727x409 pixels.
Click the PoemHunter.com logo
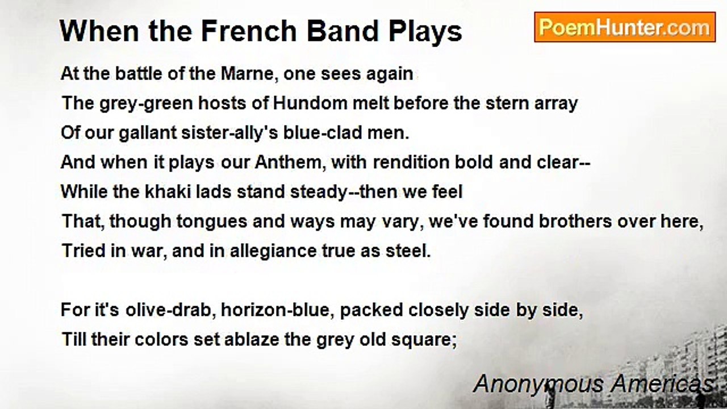coord(625,27)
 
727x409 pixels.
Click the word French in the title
coord(249,31)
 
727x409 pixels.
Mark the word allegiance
coord(273,252)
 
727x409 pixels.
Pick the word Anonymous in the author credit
coord(539,385)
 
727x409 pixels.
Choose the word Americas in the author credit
coord(662,383)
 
